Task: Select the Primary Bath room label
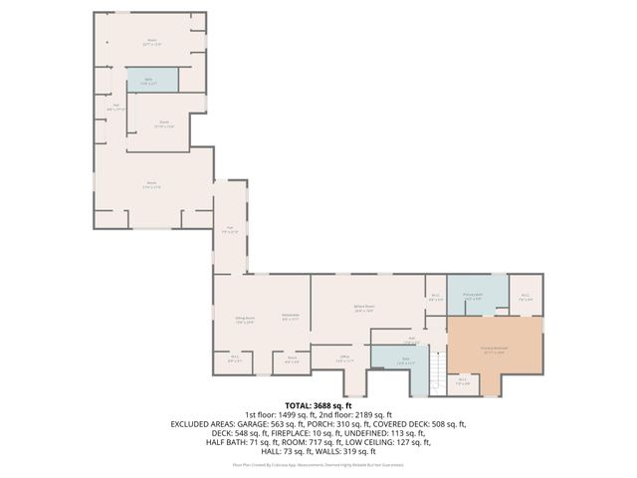point(474,295)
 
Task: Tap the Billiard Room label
point(363,310)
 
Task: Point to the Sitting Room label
point(245,320)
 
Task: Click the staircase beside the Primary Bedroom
point(434,374)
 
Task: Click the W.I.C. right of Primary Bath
point(527,296)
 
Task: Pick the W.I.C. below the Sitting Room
point(234,359)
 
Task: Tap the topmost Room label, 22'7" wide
point(151,43)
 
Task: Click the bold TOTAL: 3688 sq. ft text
point(318,405)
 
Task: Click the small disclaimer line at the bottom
point(318,463)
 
